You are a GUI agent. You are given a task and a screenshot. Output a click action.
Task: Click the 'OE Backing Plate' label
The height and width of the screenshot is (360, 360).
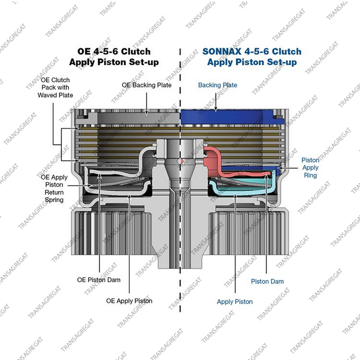click(147, 85)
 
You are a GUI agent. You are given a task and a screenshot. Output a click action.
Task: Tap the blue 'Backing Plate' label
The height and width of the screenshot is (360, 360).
click(218, 85)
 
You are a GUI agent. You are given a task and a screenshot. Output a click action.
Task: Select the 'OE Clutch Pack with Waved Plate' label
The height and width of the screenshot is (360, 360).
click(55, 87)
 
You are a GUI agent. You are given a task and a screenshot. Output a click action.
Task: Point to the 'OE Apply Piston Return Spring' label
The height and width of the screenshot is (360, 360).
click(54, 189)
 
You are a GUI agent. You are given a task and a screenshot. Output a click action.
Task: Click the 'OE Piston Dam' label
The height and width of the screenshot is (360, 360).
click(99, 280)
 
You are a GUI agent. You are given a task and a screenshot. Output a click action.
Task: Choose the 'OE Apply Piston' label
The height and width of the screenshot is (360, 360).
click(129, 301)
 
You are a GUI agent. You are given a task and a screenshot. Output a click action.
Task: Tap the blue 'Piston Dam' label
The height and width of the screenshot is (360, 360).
click(267, 282)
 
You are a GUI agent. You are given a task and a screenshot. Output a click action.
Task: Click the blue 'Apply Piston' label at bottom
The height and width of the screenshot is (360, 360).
click(235, 302)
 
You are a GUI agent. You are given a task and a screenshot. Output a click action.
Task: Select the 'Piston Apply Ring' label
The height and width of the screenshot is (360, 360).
click(310, 168)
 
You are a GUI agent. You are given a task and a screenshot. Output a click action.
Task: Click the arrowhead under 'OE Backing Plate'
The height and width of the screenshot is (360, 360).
click(147, 112)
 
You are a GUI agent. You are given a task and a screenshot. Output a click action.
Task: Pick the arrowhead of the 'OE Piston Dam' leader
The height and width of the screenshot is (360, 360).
click(99, 176)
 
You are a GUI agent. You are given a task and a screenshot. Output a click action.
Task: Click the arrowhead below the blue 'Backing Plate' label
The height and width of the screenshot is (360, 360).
click(216, 109)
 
